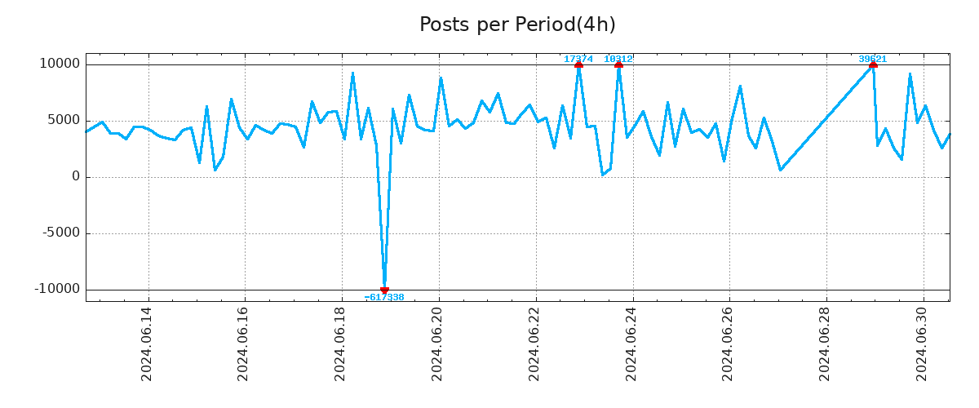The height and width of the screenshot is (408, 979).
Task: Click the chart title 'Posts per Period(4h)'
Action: (517, 24)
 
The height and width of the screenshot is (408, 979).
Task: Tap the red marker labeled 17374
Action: (578, 64)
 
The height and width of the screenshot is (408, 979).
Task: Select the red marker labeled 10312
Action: (618, 64)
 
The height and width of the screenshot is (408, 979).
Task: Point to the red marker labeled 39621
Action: (873, 64)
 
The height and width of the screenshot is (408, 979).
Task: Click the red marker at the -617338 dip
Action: (384, 290)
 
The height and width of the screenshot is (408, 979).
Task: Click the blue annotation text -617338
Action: (384, 298)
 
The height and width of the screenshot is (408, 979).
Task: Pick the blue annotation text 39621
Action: (872, 59)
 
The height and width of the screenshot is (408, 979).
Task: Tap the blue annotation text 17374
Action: (578, 59)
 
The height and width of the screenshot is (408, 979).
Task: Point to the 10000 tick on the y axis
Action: (60, 64)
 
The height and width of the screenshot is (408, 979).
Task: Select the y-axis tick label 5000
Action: (63, 121)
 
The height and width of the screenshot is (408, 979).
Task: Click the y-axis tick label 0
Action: (76, 177)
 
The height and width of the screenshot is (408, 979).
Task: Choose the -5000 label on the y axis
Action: (60, 233)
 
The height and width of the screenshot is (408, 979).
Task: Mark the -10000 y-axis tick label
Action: (57, 290)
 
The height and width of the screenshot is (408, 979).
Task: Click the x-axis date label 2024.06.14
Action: (147, 344)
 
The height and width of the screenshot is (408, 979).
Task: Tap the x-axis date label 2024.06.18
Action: (341, 344)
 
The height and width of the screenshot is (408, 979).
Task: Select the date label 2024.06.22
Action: (535, 344)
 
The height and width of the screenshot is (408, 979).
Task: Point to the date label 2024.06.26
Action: (729, 344)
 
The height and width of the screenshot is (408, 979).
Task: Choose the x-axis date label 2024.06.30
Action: (923, 344)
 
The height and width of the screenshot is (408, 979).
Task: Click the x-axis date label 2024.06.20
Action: (438, 344)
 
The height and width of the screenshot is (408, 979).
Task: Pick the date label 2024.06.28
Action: (826, 344)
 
